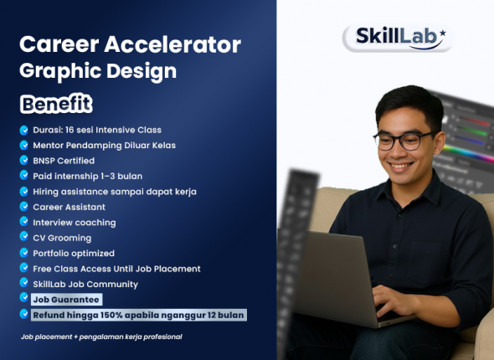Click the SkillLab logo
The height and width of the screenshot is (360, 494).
(398, 37)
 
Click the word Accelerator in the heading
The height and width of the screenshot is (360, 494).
(172, 44)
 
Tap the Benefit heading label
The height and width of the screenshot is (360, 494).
(56, 105)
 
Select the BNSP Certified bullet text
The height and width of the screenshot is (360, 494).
(64, 160)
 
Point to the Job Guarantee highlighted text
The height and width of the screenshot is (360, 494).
(66, 299)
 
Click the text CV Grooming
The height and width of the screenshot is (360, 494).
(62, 238)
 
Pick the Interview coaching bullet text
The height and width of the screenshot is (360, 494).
(74, 222)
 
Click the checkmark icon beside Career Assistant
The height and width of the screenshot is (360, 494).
(24, 207)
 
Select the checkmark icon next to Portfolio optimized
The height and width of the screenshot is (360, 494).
(24, 253)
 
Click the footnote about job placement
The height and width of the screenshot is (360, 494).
(101, 337)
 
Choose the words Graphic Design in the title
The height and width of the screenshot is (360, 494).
(98, 70)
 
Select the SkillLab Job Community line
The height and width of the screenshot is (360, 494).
(85, 284)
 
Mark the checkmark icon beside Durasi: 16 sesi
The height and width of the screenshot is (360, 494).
(24, 130)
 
